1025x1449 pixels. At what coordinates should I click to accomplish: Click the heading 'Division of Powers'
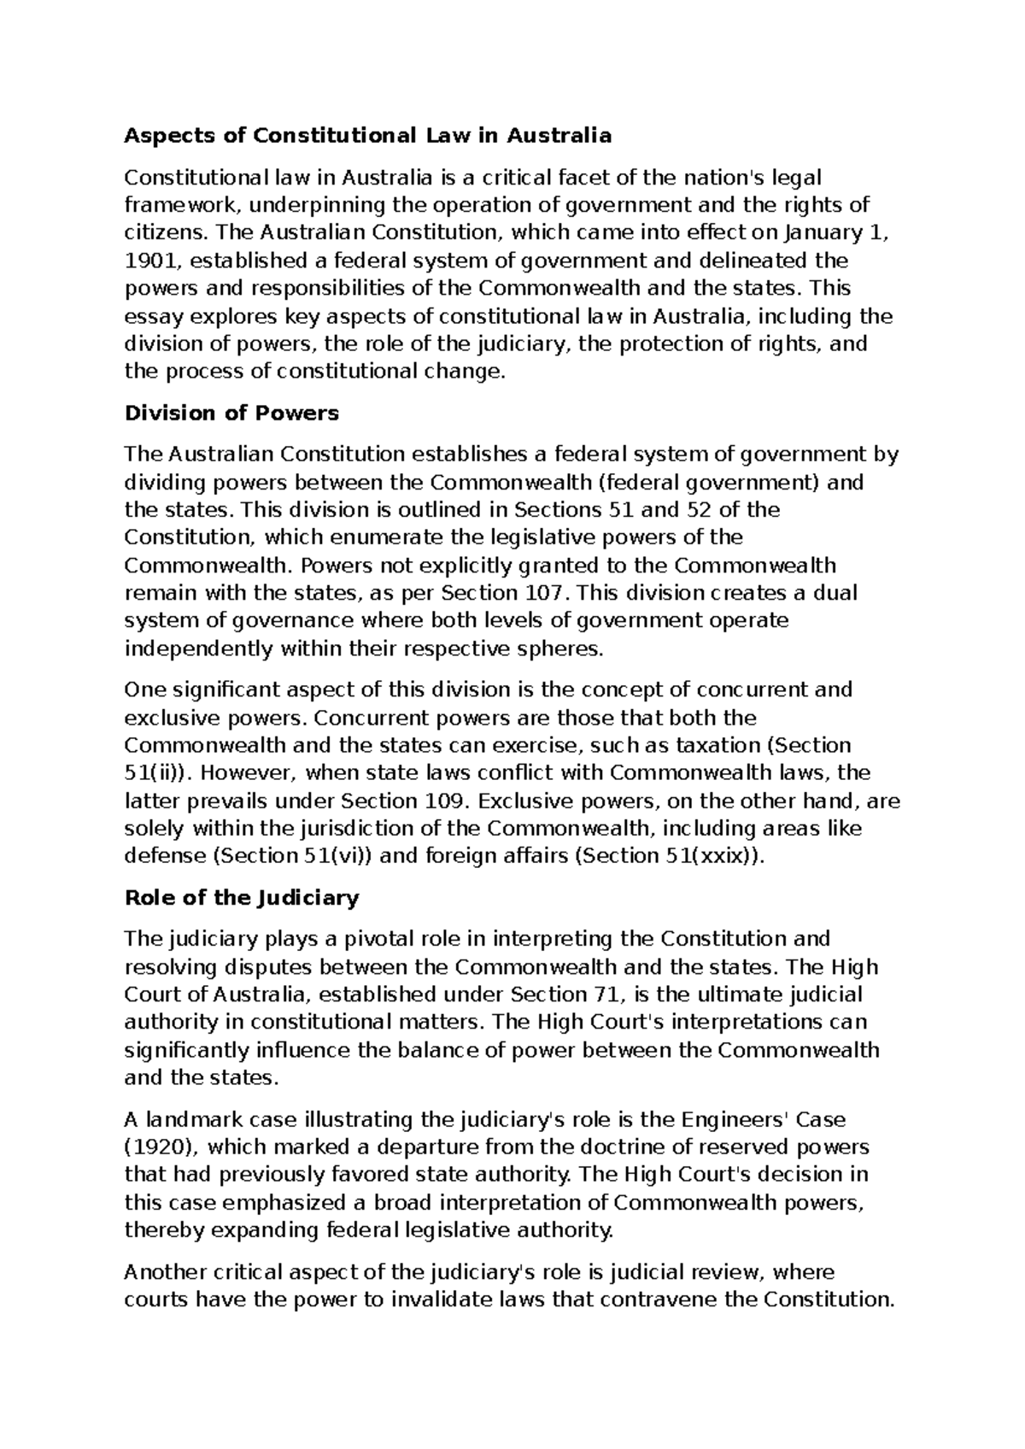pyautogui.click(x=231, y=414)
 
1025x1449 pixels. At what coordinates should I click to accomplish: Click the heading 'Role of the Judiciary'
pyautogui.click(x=242, y=898)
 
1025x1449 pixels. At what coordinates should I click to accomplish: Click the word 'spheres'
pyautogui.click(x=559, y=648)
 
